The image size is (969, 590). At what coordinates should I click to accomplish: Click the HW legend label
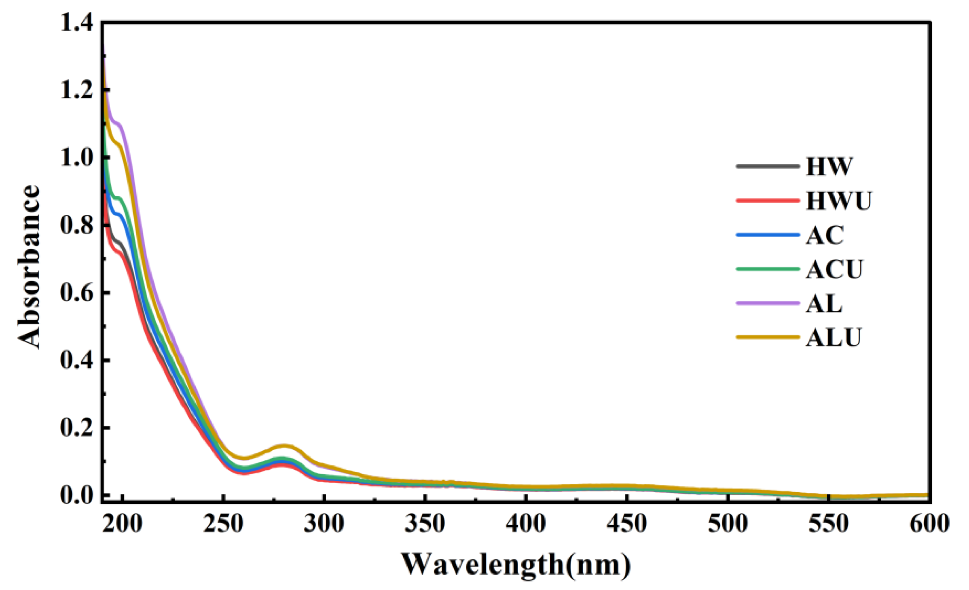[829, 166]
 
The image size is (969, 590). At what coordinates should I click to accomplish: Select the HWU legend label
[838, 201]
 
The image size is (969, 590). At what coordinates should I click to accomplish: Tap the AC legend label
[825, 235]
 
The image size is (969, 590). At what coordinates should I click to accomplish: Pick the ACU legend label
[834, 270]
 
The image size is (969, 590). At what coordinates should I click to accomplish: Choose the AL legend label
[824, 303]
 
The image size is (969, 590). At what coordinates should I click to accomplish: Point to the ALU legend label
[834, 337]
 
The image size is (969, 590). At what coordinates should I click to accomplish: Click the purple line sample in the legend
[767, 303]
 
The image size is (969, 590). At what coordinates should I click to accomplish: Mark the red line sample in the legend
[767, 200]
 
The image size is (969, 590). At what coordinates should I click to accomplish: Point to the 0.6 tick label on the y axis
[76, 293]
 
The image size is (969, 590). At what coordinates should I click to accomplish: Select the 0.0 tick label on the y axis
[76, 495]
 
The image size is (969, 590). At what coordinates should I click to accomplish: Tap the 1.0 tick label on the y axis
[76, 157]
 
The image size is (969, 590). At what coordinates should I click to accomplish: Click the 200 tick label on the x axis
[122, 524]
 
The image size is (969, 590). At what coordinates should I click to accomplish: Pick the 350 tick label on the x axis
[425, 524]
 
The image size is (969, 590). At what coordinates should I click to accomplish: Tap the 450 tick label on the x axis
[626, 524]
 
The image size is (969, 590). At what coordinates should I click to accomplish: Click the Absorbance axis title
[29, 267]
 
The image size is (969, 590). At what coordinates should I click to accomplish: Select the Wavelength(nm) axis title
[516, 565]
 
